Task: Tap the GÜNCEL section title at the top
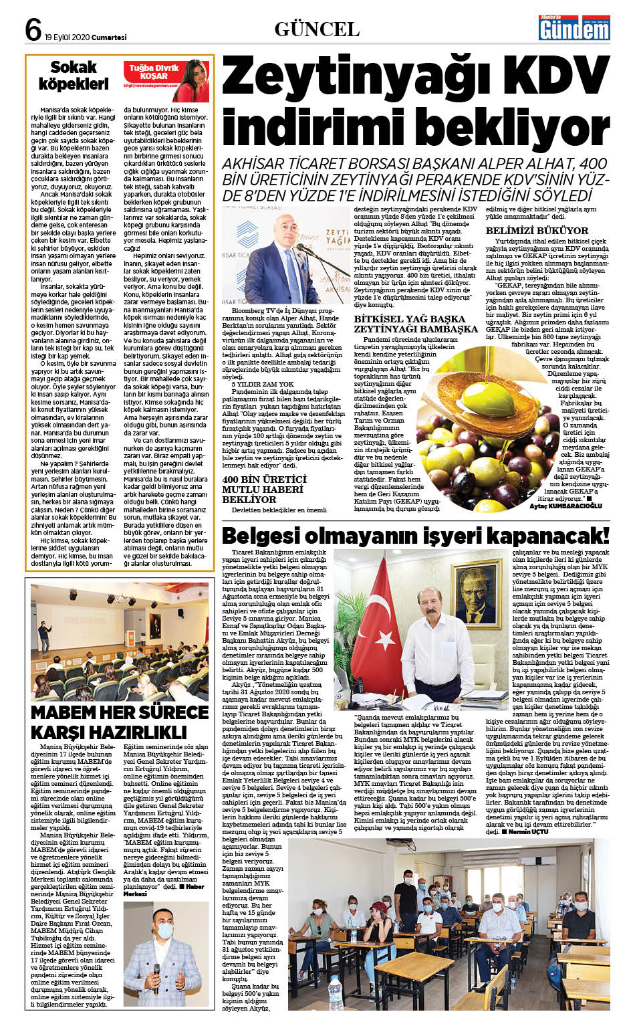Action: (x=317, y=29)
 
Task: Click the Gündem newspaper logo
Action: (x=575, y=27)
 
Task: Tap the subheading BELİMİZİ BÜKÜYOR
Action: (x=537, y=231)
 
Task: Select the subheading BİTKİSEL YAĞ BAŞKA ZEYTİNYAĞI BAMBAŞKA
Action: (x=415, y=324)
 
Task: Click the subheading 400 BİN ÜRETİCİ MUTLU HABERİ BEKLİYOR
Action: (x=264, y=489)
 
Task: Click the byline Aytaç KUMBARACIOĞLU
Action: (x=565, y=506)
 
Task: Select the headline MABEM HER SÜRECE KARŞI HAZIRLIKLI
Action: (x=120, y=720)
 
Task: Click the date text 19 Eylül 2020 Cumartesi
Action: (x=86, y=37)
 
